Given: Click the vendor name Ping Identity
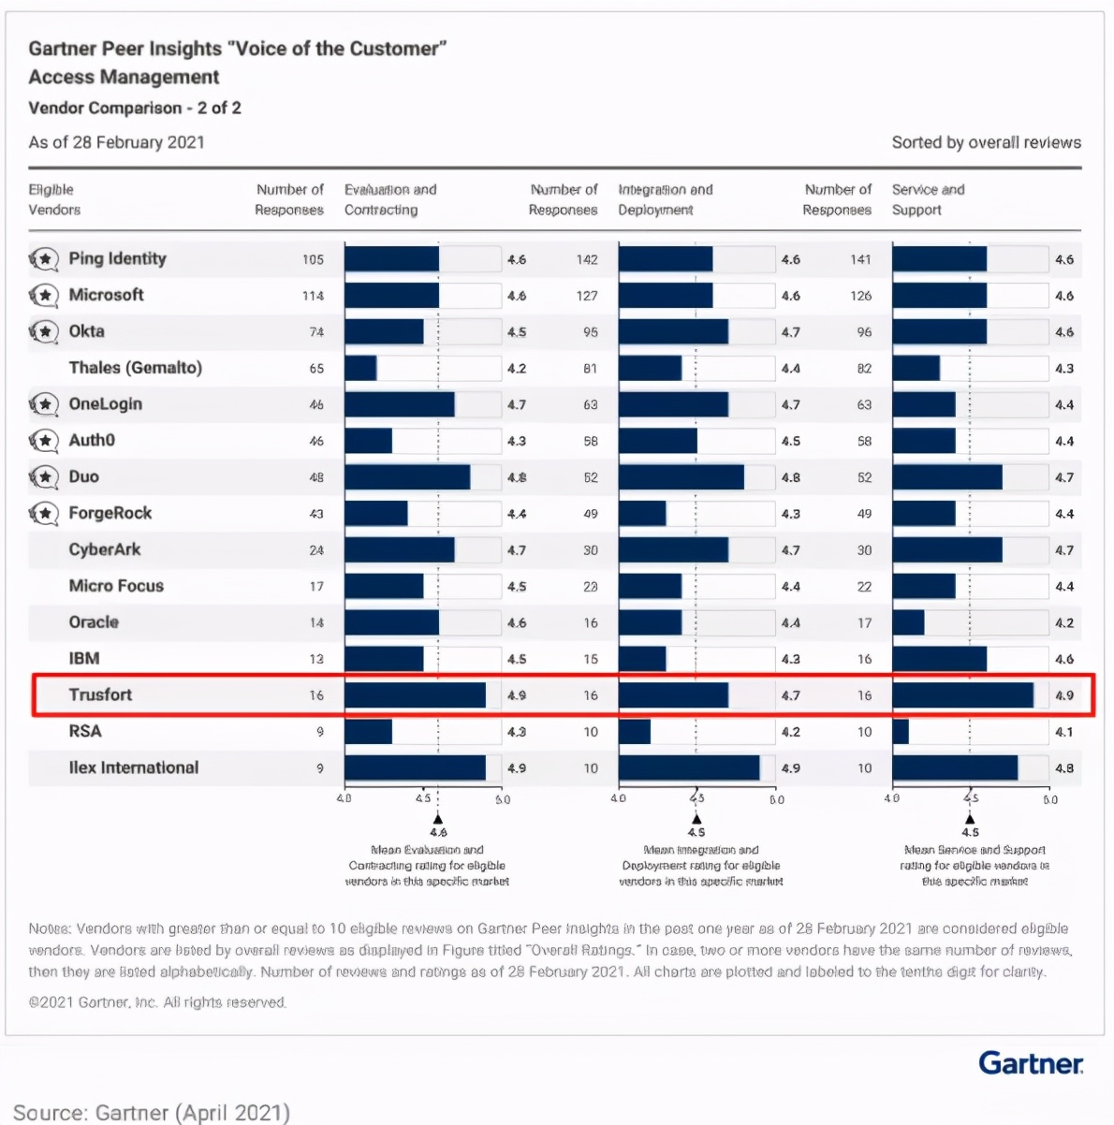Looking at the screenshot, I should [x=117, y=258].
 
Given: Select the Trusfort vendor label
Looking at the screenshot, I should [x=100, y=694].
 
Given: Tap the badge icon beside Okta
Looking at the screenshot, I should [x=43, y=331].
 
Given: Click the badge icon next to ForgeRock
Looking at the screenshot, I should [x=43, y=513].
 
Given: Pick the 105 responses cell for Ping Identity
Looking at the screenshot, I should [x=313, y=259].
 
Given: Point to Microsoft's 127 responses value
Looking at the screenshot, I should [x=587, y=296].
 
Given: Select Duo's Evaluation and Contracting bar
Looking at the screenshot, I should [x=407, y=477].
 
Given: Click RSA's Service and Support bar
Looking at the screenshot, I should [x=901, y=732].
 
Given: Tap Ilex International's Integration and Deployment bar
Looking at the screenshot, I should [x=689, y=768].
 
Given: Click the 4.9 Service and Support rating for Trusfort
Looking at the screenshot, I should [x=1064, y=695].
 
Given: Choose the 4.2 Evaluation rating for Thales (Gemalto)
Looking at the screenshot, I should [x=517, y=369].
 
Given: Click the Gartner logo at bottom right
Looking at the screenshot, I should [x=1031, y=1063].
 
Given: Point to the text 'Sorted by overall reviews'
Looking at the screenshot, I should [x=986, y=142].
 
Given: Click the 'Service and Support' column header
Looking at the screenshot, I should [x=928, y=199].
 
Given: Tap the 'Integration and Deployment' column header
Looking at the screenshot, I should [x=665, y=199].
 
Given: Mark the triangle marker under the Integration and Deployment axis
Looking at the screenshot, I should [x=696, y=819].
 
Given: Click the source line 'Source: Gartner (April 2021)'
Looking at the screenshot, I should [x=152, y=1112].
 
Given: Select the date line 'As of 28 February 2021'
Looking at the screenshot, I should [x=116, y=142].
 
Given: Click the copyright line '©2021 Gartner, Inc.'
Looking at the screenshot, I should [x=157, y=1002].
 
